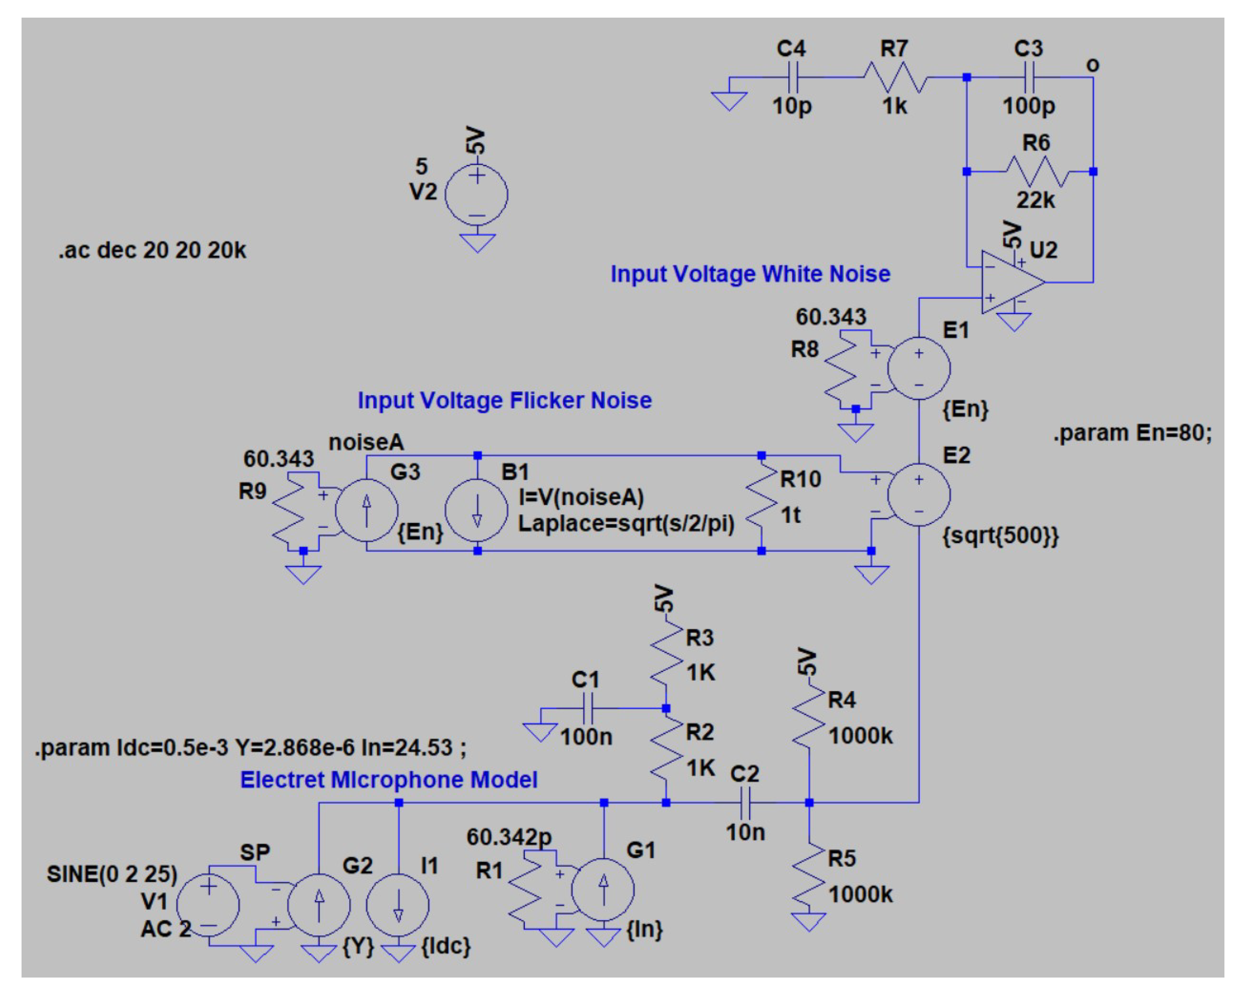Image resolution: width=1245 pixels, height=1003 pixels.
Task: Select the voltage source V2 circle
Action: click(x=476, y=195)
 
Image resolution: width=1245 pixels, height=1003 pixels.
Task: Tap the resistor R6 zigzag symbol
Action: click(x=1036, y=171)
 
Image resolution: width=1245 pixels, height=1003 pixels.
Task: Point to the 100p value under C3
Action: click(x=1029, y=106)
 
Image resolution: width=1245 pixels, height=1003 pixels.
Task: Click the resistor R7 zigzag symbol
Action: click(x=895, y=77)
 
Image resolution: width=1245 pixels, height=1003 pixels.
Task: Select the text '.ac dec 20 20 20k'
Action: click(x=152, y=251)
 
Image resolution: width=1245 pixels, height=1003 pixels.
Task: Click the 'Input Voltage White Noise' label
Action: click(x=750, y=274)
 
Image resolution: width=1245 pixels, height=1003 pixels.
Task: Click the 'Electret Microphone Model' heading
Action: click(x=389, y=780)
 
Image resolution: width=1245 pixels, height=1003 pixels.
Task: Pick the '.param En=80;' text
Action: click(x=1132, y=433)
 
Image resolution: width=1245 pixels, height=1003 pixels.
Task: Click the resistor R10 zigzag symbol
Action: click(x=762, y=501)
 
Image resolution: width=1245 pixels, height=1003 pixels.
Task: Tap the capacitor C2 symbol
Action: click(x=745, y=803)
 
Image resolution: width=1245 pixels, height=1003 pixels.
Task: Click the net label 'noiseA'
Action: click(x=366, y=443)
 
